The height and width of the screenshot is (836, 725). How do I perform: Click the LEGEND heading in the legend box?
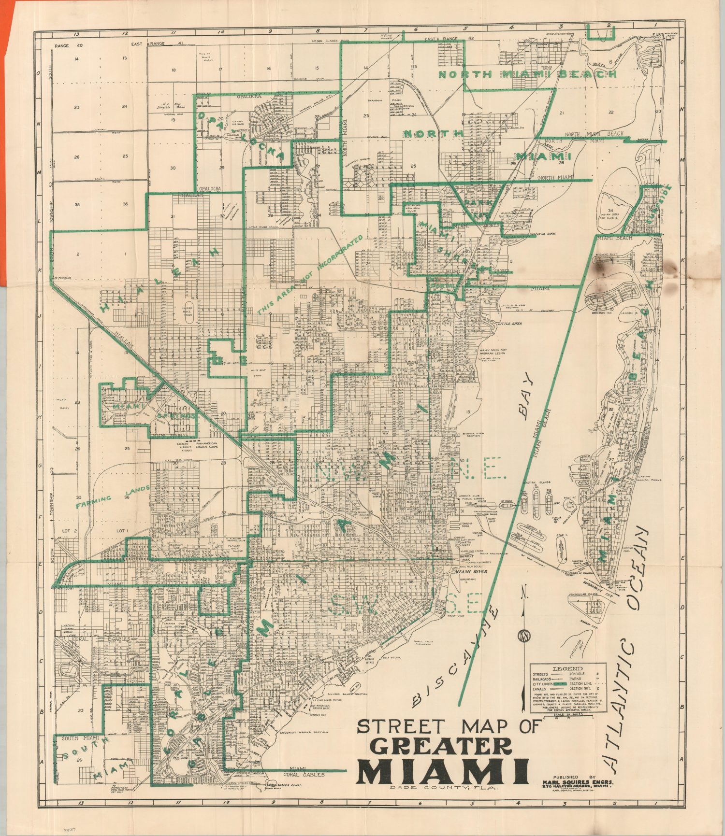(x=561, y=668)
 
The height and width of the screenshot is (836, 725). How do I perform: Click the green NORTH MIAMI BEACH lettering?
(x=527, y=74)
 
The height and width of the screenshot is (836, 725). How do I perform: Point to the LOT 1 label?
(x=121, y=531)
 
